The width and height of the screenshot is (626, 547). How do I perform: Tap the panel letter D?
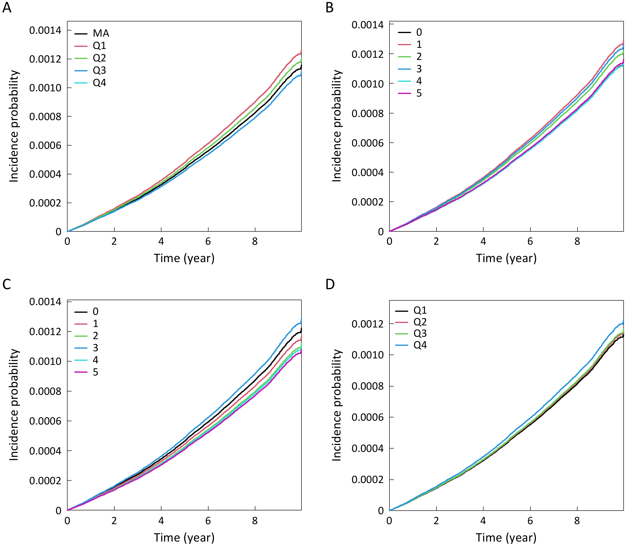[330, 284]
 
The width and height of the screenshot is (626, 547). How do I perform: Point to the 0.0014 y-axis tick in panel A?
[45, 30]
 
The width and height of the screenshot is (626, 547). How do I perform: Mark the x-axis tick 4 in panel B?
[483, 241]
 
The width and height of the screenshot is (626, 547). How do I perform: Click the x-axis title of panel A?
[184, 258]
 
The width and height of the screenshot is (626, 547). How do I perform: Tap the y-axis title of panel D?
[336, 405]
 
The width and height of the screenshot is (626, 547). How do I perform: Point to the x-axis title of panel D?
[506, 537]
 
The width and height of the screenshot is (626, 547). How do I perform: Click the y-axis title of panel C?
[14, 405]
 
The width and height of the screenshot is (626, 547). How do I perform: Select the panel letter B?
[330, 7]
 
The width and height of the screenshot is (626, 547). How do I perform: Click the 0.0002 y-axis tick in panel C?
[45, 481]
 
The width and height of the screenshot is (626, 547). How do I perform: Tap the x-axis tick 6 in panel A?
[208, 241]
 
